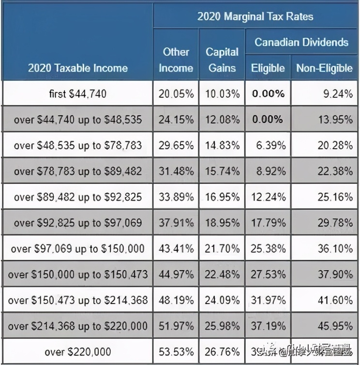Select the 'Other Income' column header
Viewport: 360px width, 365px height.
click(176, 60)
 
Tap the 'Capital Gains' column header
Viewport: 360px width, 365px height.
click(222, 60)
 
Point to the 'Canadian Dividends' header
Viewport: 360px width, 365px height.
click(301, 42)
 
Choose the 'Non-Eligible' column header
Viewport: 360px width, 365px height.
click(324, 68)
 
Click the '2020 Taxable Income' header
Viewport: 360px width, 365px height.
click(78, 68)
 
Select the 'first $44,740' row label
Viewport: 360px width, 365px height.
click(78, 93)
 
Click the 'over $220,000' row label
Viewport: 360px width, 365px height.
click(78, 351)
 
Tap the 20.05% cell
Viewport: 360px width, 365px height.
click(176, 93)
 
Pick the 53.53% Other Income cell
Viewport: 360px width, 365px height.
click(176, 351)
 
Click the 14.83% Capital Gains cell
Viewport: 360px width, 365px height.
click(222, 145)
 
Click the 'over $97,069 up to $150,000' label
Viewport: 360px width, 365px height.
click(78, 248)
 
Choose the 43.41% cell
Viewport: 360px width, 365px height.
click(176, 248)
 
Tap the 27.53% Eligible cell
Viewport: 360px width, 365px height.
click(268, 274)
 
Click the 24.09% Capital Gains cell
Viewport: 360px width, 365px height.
click(222, 300)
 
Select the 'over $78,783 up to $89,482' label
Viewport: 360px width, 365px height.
click(78, 171)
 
